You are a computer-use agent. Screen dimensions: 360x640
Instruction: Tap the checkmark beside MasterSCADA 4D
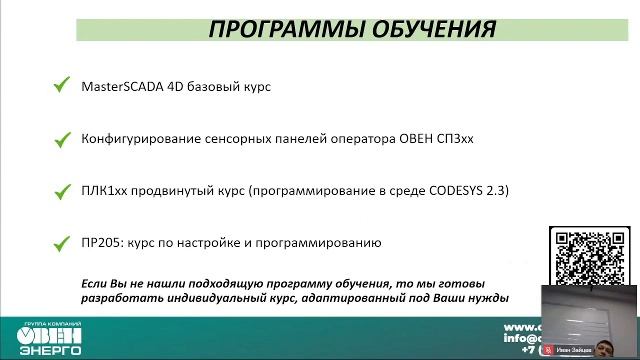[x=61, y=86]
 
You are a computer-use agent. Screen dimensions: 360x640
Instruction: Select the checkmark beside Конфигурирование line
[x=61, y=138]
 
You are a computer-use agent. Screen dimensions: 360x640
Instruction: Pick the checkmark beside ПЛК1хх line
[x=61, y=189]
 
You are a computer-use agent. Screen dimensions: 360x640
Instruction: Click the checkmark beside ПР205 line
[x=61, y=241]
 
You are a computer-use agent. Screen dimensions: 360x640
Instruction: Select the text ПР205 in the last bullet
[x=99, y=242]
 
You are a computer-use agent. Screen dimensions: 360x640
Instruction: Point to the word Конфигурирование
[x=146, y=139]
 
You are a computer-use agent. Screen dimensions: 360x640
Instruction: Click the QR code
[x=588, y=259]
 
